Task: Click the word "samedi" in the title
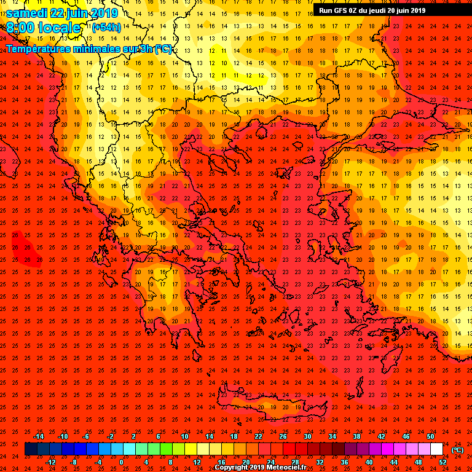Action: [28, 13]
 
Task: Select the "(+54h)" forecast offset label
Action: [106, 28]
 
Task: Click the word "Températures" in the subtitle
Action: [38, 49]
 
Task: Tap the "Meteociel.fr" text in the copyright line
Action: [289, 468]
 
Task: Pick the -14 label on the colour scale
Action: [39, 436]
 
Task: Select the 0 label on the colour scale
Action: [121, 462]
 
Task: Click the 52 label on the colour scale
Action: [440, 462]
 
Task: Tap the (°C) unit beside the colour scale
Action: [457, 450]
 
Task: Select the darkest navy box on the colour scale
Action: [31, 449]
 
